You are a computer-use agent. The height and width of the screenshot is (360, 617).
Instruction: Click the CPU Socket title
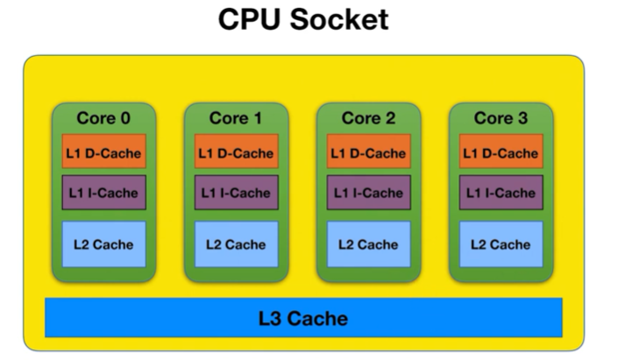pos(303,19)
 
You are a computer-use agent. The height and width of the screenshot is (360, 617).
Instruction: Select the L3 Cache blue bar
pos(303,317)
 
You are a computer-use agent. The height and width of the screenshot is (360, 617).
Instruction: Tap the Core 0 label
pos(103,117)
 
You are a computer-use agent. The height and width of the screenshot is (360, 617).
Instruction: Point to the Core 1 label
pos(236,117)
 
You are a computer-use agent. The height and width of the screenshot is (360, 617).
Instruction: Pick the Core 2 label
pos(368,117)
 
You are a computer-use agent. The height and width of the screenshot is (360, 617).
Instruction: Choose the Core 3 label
pos(500,117)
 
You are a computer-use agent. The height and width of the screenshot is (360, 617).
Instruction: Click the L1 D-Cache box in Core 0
pos(103,152)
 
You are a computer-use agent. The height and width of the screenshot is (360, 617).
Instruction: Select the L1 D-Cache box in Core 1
pos(236,152)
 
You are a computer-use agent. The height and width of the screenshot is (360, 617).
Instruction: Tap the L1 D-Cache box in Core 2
pos(368,152)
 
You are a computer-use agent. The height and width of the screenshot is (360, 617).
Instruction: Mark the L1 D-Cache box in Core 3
pos(500,152)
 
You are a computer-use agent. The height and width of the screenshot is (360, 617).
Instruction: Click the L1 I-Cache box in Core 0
pos(103,193)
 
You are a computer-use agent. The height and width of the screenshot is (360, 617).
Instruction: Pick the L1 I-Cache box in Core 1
pos(236,193)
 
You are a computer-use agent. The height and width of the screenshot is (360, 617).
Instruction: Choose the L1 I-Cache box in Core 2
pos(368,193)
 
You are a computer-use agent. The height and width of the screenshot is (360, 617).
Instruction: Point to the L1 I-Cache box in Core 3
pos(500,193)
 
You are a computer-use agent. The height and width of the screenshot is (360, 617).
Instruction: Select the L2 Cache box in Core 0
pos(103,244)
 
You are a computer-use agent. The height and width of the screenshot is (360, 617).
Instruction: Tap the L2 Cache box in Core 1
pos(236,244)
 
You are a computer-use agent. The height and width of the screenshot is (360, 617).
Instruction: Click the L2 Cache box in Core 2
pos(368,244)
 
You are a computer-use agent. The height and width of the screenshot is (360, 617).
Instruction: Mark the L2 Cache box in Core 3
pos(500,244)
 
